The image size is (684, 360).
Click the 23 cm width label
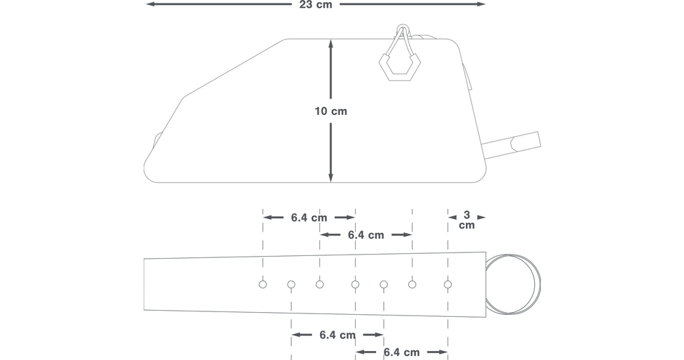(315, 4)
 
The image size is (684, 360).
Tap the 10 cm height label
(330, 112)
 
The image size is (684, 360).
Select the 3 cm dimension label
(466, 220)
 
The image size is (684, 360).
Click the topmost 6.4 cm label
(309, 218)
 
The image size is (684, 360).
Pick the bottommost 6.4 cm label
(402, 352)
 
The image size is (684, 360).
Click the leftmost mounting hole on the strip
(263, 285)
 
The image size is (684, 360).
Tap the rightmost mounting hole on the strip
(447, 285)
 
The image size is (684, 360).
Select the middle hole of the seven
(355, 285)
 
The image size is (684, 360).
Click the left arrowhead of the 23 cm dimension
(149, 4)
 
